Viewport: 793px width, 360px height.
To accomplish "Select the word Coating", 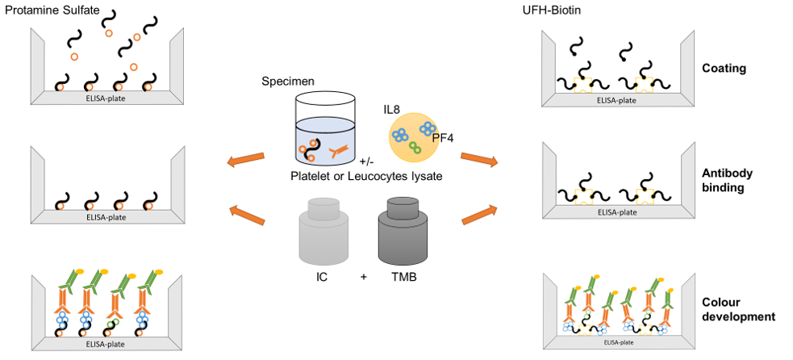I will coord(724,68).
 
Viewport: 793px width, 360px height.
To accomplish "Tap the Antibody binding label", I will coord(724,179).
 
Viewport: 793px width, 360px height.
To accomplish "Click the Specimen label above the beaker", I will coord(288,82).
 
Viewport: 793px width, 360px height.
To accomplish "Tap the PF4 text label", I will coord(444,138).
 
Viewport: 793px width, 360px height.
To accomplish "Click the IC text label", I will coord(323,277).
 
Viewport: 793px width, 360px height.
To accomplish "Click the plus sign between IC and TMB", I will coord(364,277).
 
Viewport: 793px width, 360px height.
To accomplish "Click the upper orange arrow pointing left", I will coord(246,160).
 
